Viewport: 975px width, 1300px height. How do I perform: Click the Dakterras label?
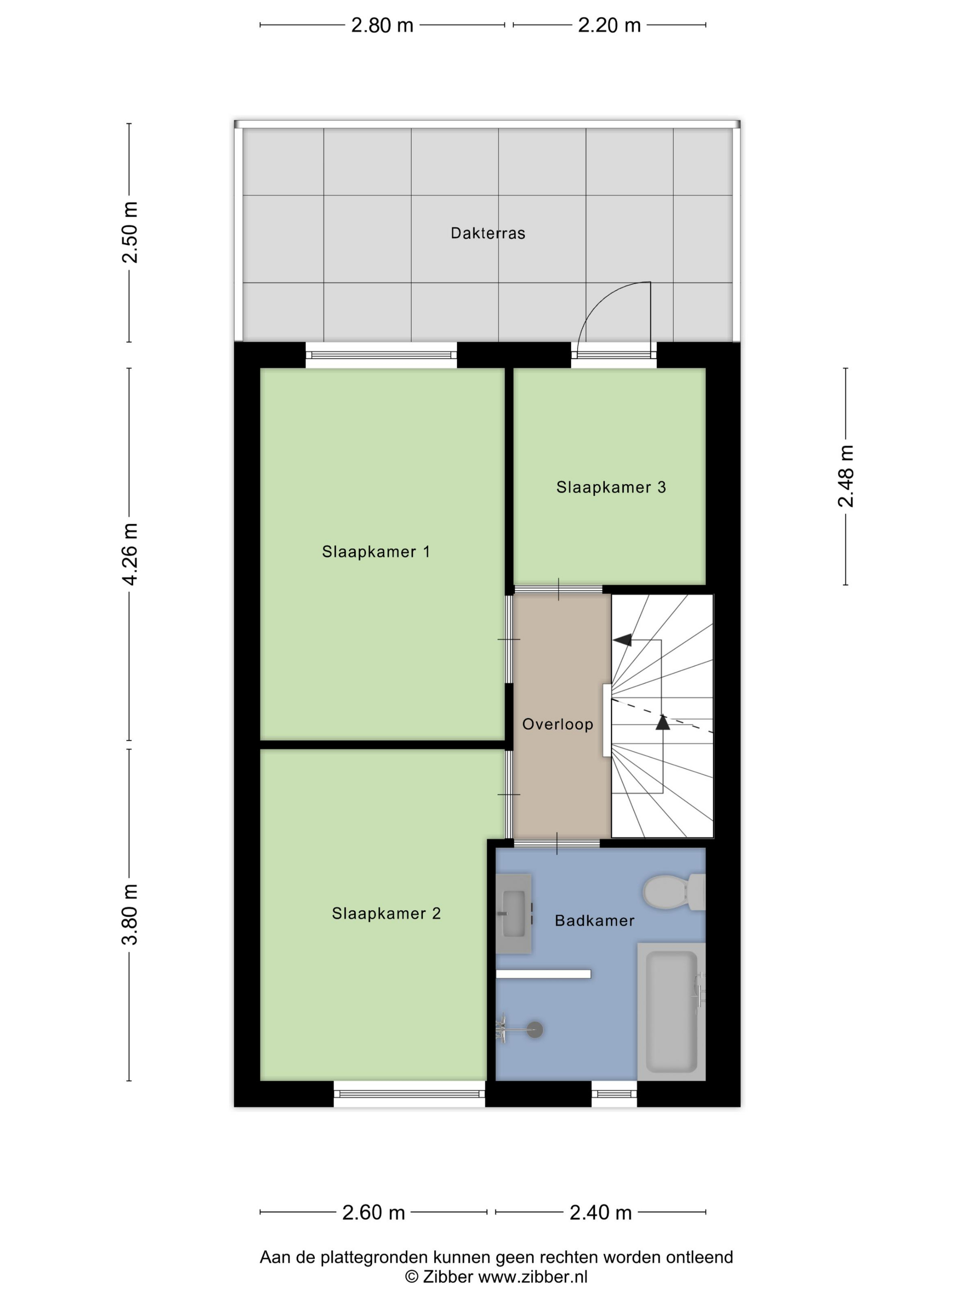pos(488,234)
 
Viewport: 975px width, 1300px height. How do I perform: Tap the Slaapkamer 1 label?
pos(376,551)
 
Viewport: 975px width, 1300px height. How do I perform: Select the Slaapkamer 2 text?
pos(386,913)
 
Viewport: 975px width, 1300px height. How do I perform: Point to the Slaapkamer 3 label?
pos(611,487)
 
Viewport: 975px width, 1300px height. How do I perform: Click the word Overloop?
pos(558,724)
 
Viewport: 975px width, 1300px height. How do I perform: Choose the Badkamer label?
pos(595,920)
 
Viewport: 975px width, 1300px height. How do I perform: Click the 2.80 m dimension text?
pos(382,25)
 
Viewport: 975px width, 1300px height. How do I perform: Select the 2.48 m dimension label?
pos(846,476)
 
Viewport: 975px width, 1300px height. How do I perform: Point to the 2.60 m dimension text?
pos(374,1212)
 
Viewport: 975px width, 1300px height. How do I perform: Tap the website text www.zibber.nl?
pos(533,1276)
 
